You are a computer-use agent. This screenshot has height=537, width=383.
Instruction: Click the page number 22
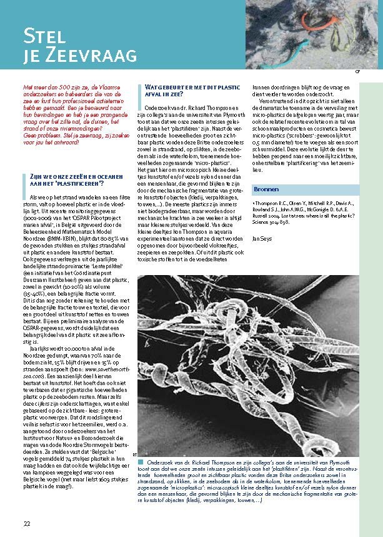[x=27, y=523]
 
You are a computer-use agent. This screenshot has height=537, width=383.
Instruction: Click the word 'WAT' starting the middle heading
[x=151, y=87]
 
